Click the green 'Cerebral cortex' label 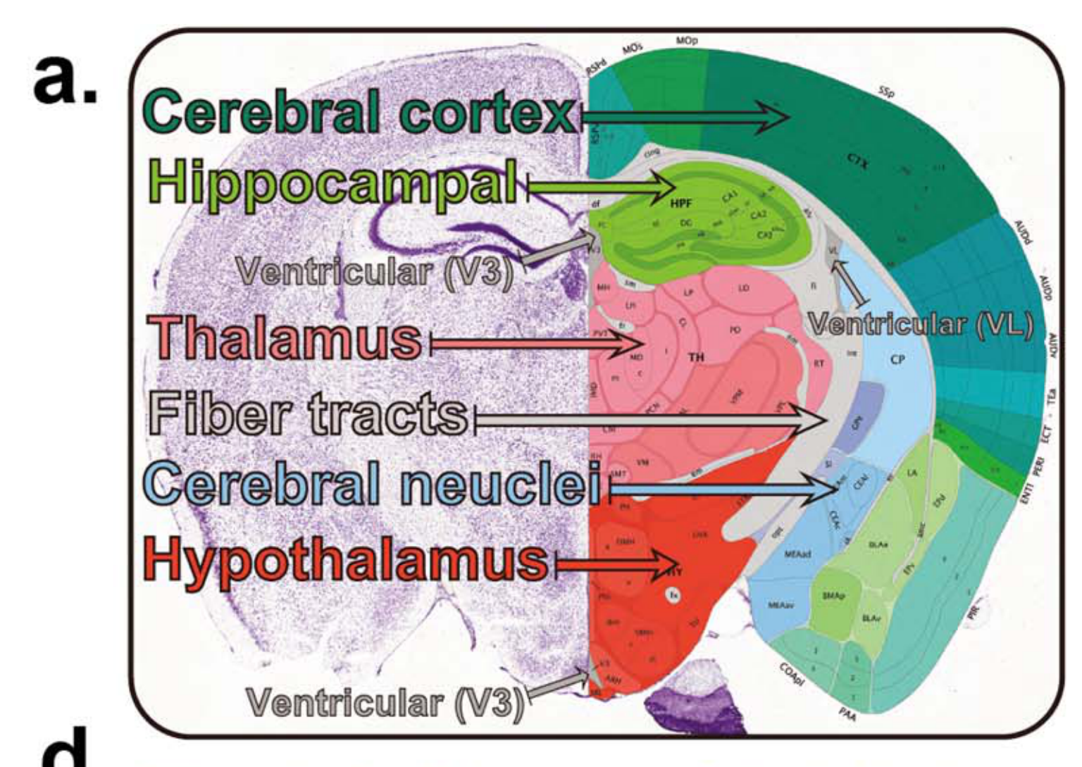(x=360, y=113)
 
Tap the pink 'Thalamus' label (x=285, y=337)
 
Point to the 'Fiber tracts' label (x=309, y=413)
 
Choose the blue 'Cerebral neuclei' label (x=373, y=484)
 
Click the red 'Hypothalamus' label (x=346, y=559)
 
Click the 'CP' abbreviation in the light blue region (x=897, y=360)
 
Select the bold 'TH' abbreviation (x=696, y=357)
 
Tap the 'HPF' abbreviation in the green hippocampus (x=681, y=204)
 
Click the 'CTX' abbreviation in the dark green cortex (x=859, y=163)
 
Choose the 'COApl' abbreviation (x=792, y=676)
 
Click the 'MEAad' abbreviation (x=798, y=555)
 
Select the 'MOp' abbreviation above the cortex (x=687, y=42)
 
